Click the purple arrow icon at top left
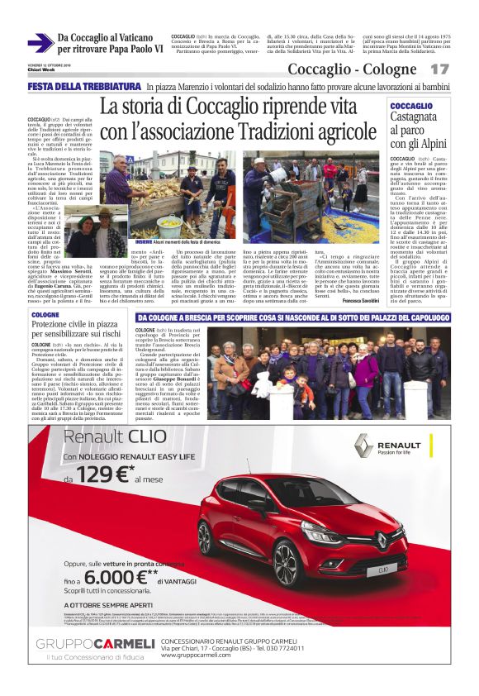tap(40, 43)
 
